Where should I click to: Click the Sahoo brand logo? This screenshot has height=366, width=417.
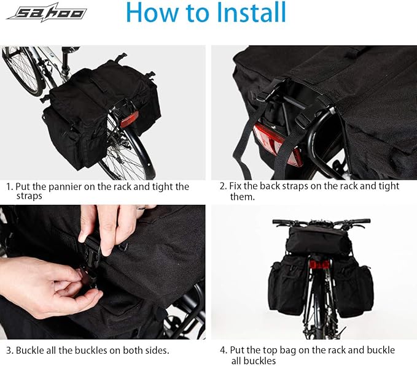[47, 12]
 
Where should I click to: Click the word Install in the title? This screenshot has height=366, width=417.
[251, 12]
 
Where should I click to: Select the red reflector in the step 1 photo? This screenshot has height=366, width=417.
[130, 119]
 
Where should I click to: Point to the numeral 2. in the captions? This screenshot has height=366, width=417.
[223, 186]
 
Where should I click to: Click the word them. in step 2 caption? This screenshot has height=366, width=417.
[242, 197]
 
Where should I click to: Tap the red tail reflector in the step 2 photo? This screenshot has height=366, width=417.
[278, 144]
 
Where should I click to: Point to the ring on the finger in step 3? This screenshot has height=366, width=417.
[141, 208]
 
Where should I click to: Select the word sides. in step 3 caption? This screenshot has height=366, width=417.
[157, 350]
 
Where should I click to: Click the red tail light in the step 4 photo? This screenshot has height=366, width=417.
[319, 264]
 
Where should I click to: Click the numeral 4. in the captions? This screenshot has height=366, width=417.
[224, 350]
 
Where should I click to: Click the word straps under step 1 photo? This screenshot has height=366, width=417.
[29, 196]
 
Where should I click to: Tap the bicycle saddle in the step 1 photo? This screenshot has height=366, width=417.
[71, 48]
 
